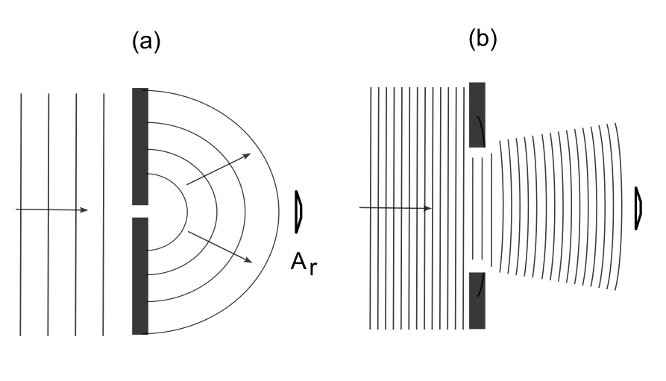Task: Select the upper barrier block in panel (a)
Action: pyautogui.click(x=139, y=145)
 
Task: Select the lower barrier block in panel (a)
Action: pyautogui.click(x=139, y=276)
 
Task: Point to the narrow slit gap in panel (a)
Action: pyautogui.click(x=139, y=211)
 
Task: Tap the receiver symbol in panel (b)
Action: pyautogui.click(x=638, y=208)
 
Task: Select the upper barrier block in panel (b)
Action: pyautogui.click(x=477, y=114)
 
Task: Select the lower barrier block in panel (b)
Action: pyautogui.click(x=477, y=300)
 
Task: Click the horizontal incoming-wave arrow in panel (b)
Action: pyautogui.click(x=395, y=207)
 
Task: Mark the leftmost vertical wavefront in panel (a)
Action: pyautogui.click(x=21, y=149)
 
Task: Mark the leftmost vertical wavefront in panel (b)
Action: pyautogui.click(x=371, y=149)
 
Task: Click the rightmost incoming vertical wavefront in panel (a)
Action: pyautogui.click(x=104, y=149)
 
